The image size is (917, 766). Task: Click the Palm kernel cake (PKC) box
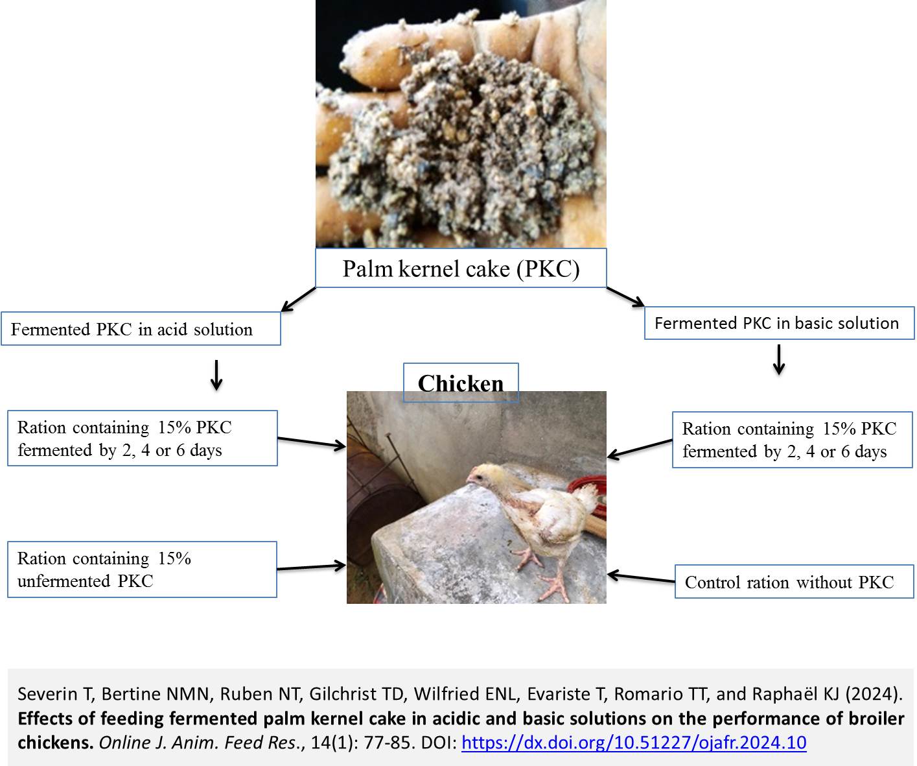[461, 268]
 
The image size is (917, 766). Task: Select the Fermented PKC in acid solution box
[141, 329]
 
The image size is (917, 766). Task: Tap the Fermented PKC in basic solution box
[778, 323]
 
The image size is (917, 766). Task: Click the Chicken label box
[461, 383]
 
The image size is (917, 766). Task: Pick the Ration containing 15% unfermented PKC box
[141, 569]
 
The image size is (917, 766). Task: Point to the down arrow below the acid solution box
[216, 375]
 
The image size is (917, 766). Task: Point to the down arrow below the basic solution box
[779, 359]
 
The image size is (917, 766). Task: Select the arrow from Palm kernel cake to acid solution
[297, 299]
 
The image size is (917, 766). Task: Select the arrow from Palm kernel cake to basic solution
[625, 297]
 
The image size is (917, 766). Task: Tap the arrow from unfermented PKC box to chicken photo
[311, 568]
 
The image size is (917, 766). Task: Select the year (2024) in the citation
[874, 694]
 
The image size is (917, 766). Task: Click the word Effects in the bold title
[44, 719]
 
